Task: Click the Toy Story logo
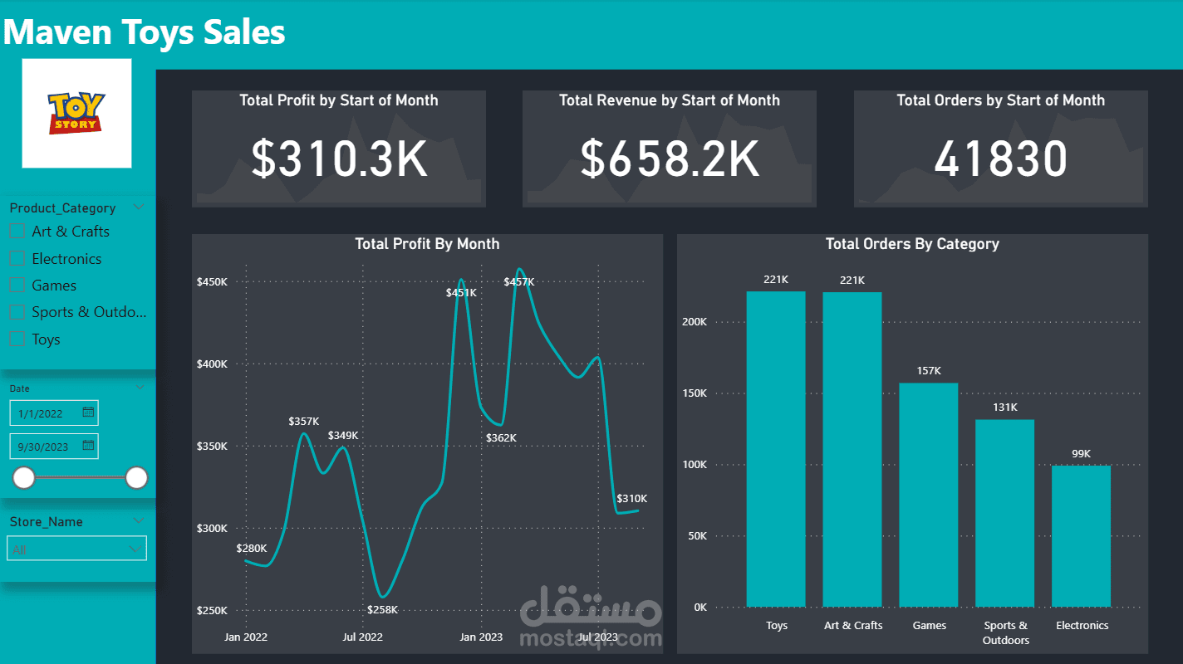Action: click(x=76, y=113)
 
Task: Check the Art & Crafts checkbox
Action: click(x=17, y=232)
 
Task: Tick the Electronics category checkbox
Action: click(x=17, y=258)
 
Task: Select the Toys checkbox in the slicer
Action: click(x=17, y=339)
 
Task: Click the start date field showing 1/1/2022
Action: click(x=54, y=413)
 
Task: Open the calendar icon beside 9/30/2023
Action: click(x=88, y=446)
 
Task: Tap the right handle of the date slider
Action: click(x=136, y=478)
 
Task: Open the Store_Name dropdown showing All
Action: click(x=76, y=549)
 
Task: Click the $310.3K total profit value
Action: click(x=339, y=159)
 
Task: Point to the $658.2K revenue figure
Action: click(x=670, y=159)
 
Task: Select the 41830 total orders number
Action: click(x=1001, y=159)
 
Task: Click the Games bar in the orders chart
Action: click(x=929, y=496)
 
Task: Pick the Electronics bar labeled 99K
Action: click(x=1081, y=536)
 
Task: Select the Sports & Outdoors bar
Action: click(x=1004, y=513)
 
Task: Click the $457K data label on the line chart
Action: click(x=518, y=282)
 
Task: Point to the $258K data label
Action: click(x=382, y=609)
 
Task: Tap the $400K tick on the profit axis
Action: click(x=212, y=364)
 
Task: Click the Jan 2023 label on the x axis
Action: click(x=480, y=637)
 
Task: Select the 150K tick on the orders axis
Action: click(x=694, y=393)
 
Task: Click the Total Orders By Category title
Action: click(x=912, y=244)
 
